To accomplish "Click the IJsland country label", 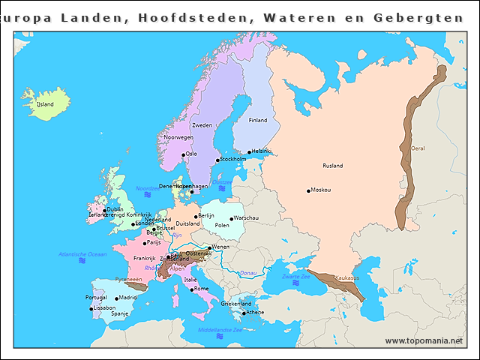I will point(46,104).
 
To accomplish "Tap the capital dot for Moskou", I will point(308,190).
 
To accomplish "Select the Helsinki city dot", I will point(249,152).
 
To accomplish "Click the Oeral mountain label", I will point(418,148).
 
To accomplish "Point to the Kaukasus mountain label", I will point(346,277).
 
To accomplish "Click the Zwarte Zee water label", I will point(296,277).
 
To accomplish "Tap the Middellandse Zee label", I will point(220,329).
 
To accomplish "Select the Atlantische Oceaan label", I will point(82,254).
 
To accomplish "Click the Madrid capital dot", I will point(116,298).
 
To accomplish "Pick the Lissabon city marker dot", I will point(91,308).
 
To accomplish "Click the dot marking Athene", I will point(244,313).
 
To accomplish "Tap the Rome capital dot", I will point(191,289).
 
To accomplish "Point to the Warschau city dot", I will point(232,219).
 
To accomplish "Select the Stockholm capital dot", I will point(217,160).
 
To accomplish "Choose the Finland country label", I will point(257,120).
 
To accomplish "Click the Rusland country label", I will point(332,166).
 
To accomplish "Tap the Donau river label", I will point(247,273).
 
